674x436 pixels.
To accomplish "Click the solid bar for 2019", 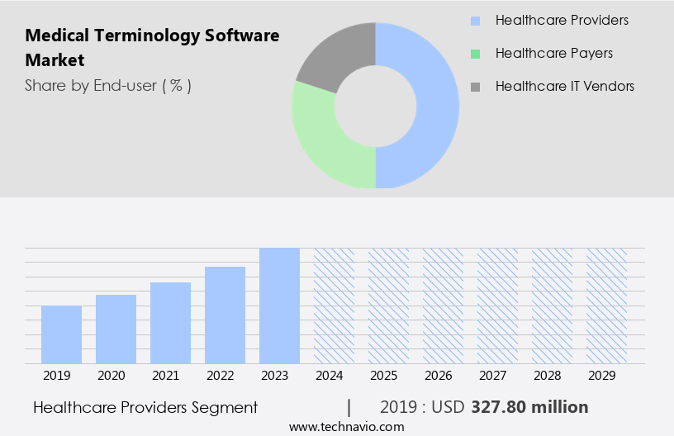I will click(61, 334).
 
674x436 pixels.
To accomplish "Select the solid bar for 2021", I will click(170, 323).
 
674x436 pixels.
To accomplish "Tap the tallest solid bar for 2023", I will click(279, 306).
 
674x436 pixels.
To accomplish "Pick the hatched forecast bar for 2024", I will click(334, 306).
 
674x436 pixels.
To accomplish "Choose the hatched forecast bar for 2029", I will click(606, 306).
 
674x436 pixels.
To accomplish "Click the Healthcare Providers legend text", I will click(562, 20).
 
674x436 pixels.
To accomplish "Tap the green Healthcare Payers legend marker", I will click(475, 54).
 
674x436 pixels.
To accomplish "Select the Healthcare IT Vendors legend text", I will click(565, 86).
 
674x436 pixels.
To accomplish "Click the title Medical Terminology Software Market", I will click(152, 48).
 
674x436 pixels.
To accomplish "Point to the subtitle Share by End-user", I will click(108, 85).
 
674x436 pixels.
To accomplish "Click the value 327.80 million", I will click(529, 407).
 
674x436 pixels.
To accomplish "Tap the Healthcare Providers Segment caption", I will click(145, 407).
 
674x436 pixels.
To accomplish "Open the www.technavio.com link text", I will click(346, 426).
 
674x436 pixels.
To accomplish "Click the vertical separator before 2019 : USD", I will click(349, 407).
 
